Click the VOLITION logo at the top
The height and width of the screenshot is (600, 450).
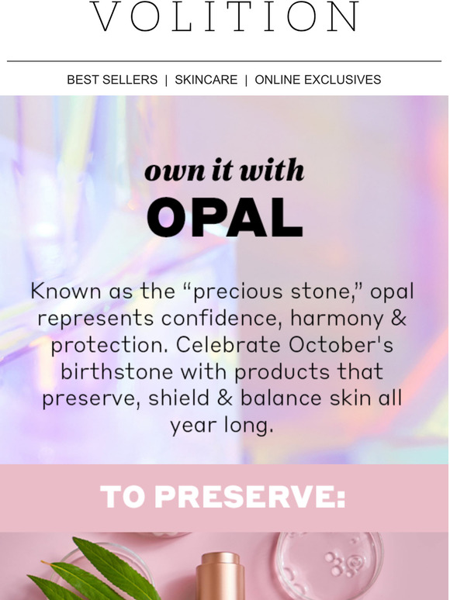(x=225, y=16)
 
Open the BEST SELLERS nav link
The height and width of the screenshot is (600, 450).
(x=112, y=80)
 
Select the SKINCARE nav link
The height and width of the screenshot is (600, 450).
(x=206, y=80)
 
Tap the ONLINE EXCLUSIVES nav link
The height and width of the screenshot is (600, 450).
(x=318, y=80)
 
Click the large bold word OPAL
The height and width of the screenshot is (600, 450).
(x=225, y=217)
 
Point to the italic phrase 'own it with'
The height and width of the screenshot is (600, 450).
(x=224, y=170)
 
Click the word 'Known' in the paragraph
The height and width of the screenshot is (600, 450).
(x=66, y=291)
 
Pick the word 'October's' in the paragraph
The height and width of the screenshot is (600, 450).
(x=341, y=344)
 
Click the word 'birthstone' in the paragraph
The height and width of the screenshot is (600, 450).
(x=117, y=371)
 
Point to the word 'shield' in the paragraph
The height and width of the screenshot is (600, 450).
(x=179, y=398)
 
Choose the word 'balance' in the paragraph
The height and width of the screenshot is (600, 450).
(x=281, y=398)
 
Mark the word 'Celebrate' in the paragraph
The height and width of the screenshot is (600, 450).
(x=228, y=344)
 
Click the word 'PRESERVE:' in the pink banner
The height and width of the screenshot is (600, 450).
(x=250, y=497)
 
